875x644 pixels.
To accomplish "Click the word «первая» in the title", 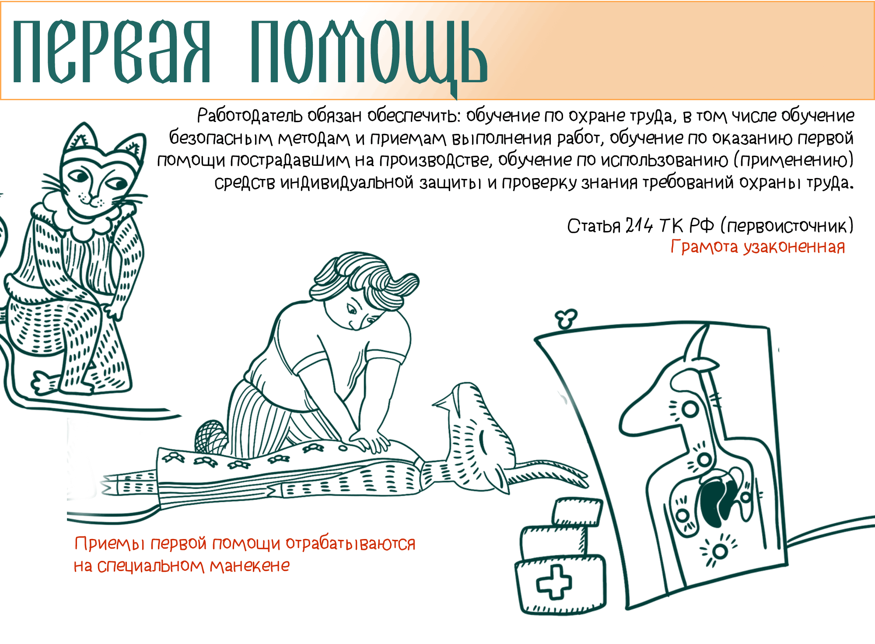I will [x=112, y=52].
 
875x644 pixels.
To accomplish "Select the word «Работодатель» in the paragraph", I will [x=249, y=116].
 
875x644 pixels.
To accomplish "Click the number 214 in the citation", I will [x=639, y=226].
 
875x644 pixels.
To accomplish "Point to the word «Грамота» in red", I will [x=704, y=247].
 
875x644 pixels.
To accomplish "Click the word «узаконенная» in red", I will [x=794, y=247].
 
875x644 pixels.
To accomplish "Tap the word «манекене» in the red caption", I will [x=249, y=566].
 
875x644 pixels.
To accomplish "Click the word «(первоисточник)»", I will [x=787, y=226].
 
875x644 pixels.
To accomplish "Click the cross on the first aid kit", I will [x=554, y=582].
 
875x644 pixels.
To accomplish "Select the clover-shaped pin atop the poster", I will [x=566, y=318].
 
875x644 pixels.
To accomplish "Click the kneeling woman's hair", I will [x=363, y=276].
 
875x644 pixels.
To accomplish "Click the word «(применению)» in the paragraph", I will [x=793, y=160].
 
